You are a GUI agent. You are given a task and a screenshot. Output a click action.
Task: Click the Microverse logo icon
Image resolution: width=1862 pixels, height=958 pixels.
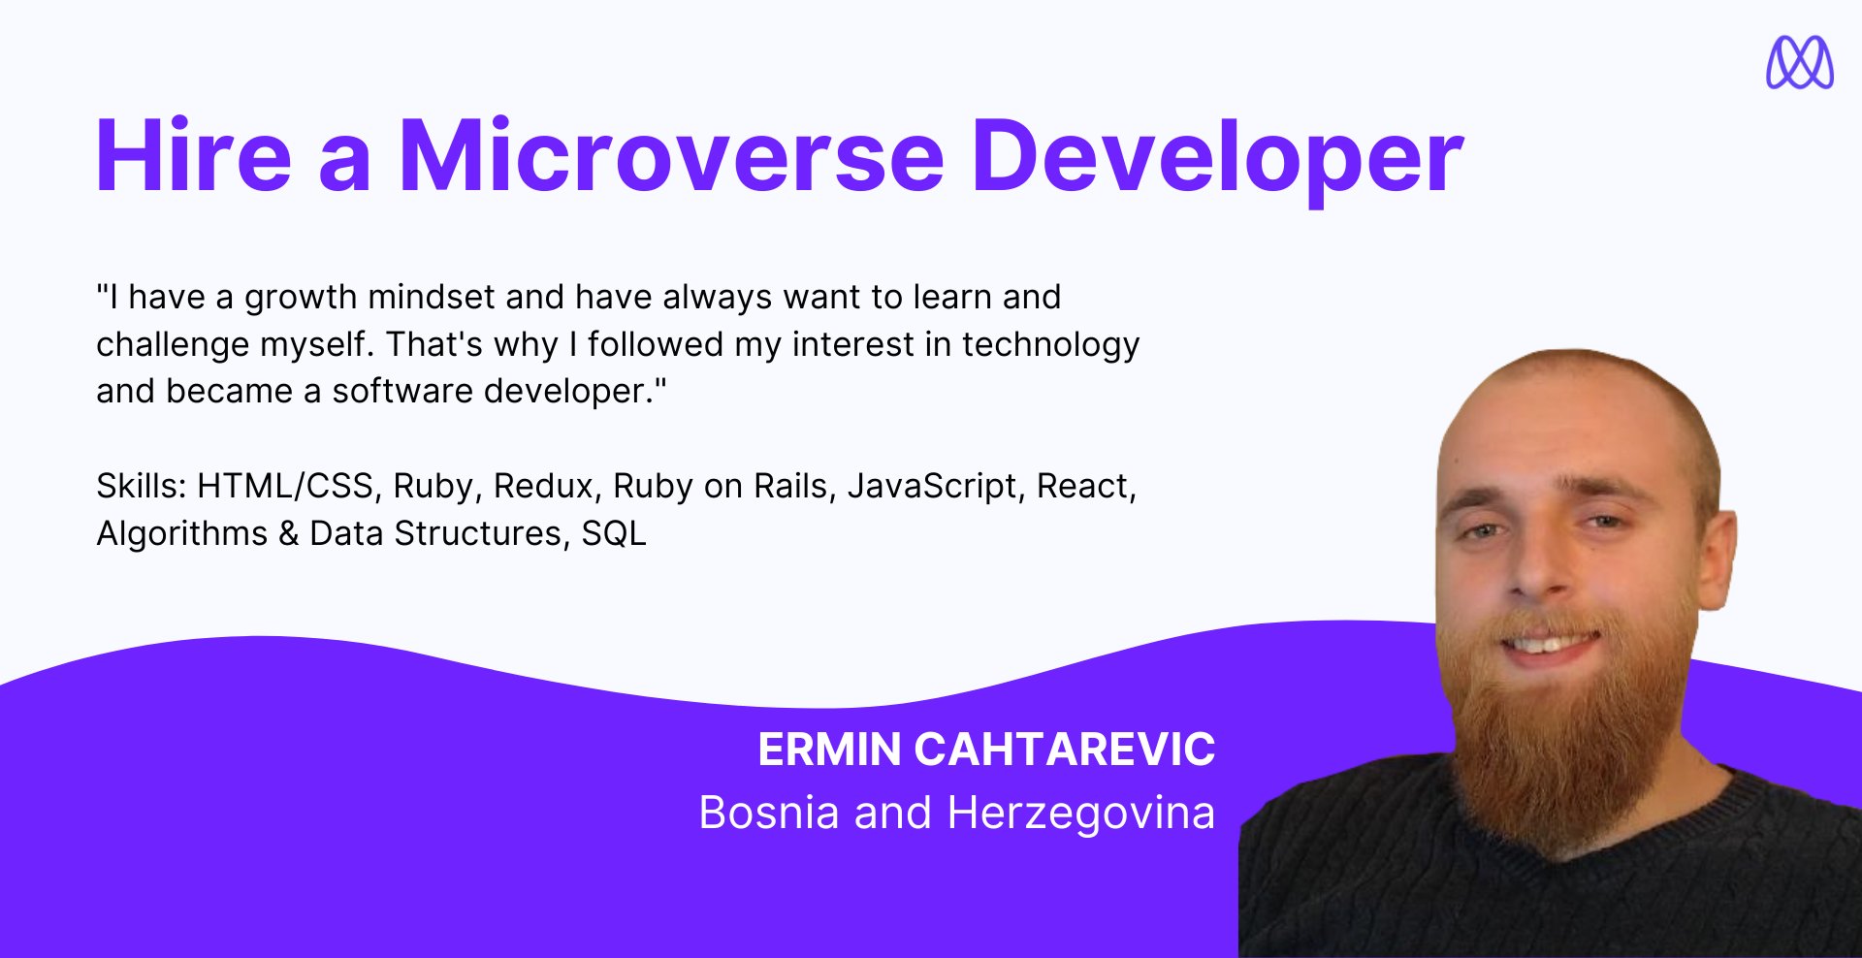1800,62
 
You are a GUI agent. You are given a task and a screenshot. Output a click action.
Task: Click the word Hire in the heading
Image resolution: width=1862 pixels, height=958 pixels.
194,155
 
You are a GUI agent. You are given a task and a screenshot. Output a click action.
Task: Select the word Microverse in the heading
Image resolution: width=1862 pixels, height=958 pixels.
671,155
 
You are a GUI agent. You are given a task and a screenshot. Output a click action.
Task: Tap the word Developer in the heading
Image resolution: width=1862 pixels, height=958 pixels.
1218,161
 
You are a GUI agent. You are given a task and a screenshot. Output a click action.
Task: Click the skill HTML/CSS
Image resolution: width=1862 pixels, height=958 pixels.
286,486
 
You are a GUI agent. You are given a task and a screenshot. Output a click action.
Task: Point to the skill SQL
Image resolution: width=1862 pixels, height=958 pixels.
614,533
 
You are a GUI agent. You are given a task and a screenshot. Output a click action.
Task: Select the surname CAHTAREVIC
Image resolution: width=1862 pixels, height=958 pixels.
1065,750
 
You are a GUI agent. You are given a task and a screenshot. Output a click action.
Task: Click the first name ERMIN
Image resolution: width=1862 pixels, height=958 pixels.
830,750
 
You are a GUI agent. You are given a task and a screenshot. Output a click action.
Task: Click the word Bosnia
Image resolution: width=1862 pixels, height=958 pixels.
769,813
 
